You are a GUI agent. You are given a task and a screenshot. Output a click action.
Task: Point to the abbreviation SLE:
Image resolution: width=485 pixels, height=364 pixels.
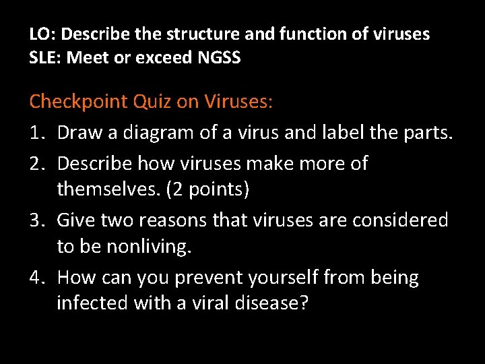(x=44, y=58)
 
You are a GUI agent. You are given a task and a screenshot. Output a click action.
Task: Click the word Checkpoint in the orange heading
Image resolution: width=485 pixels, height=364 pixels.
(x=79, y=102)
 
